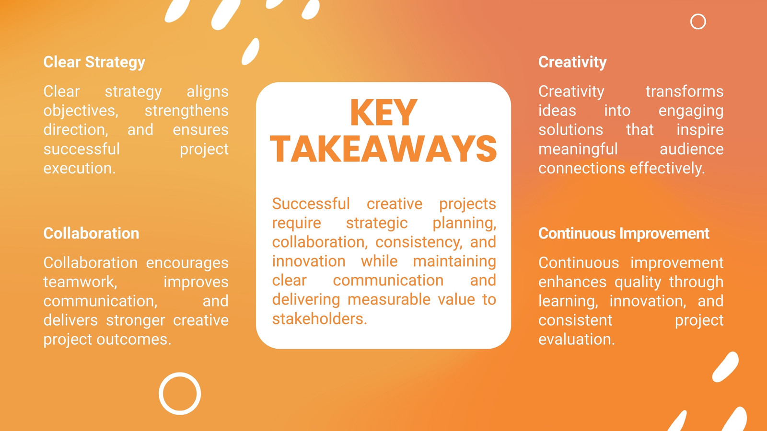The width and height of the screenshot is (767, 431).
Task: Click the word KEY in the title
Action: pos(383,113)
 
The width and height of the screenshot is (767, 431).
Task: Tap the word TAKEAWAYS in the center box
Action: pos(383,149)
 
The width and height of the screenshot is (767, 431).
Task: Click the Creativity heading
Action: pos(572,62)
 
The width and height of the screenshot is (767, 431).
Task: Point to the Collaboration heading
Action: pos(91,233)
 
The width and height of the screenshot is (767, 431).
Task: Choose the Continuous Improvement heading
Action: pos(624,233)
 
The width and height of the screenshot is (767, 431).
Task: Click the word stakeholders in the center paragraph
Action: pos(319,319)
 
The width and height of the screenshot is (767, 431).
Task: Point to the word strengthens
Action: pos(186,111)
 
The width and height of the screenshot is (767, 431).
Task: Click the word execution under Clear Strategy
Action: pos(80,168)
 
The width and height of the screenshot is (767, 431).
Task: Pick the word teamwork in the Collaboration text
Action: pos(80,282)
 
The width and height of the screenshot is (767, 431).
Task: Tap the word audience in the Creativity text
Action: pos(691,149)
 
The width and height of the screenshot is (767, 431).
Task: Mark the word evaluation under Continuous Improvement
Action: pos(577,340)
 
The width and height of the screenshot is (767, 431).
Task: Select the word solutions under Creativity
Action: pos(570,130)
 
